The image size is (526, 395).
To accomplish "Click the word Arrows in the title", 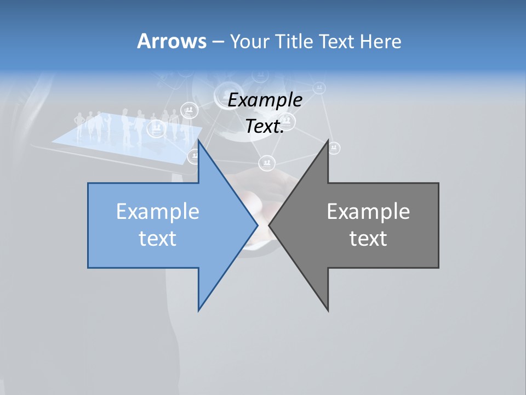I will click(x=171, y=41).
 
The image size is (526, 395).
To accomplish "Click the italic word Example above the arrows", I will click(x=265, y=100).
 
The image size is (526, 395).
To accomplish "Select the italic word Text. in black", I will click(x=265, y=126).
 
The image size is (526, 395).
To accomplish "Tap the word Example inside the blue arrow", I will click(x=158, y=211).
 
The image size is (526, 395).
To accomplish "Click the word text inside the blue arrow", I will click(x=158, y=238).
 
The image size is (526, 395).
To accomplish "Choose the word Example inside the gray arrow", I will click(x=368, y=211).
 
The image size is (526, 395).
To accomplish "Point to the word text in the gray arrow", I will click(x=368, y=238).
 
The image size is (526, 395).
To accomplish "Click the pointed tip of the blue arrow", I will click(x=257, y=225).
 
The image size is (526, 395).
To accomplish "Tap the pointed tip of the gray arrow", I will click(x=270, y=225).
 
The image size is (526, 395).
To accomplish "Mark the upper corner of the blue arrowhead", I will click(x=199, y=141).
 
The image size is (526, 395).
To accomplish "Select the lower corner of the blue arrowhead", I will click(x=199, y=310).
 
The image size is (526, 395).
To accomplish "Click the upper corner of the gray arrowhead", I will click(x=328, y=141).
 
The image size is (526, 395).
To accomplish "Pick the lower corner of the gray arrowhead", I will click(x=328, y=310).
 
